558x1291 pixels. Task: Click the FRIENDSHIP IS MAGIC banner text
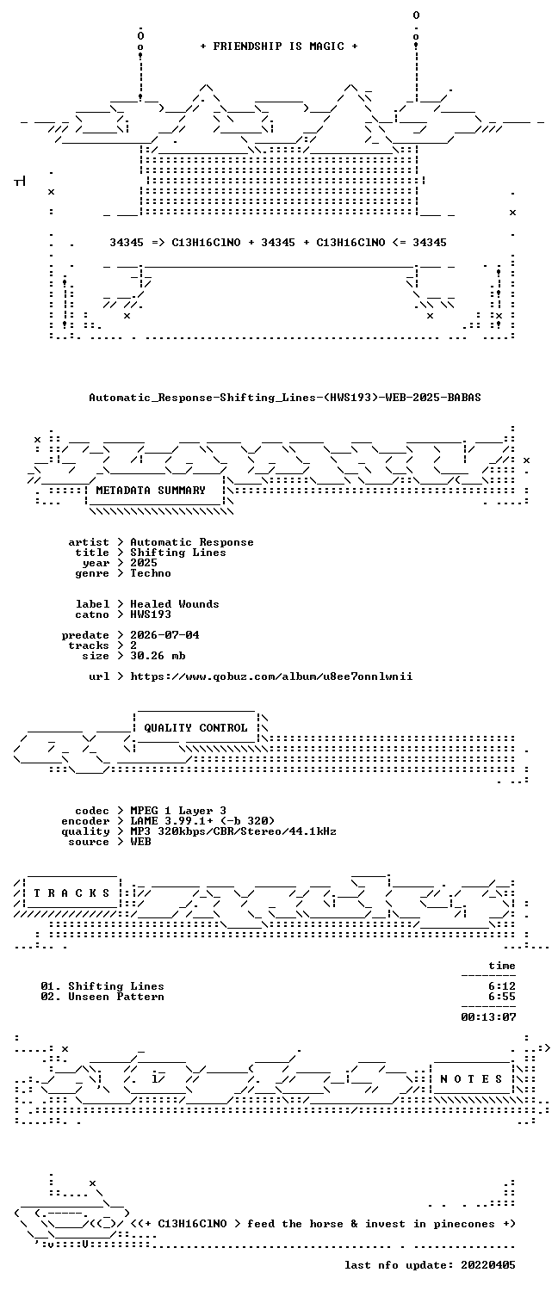coord(279,46)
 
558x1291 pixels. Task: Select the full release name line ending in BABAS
coord(285,397)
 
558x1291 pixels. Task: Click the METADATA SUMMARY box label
coord(151,491)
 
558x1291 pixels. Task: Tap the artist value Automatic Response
coord(192,542)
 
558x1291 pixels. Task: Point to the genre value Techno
coord(151,573)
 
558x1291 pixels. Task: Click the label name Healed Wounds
coord(175,604)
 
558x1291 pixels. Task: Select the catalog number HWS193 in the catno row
coord(151,615)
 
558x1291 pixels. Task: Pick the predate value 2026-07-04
coord(164,635)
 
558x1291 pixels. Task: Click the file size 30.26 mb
coord(158,656)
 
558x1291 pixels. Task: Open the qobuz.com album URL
coord(271,676)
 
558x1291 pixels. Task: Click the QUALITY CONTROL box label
coord(195,728)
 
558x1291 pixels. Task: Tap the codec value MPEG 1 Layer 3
coord(178,811)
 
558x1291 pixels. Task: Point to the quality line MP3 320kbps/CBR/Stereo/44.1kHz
coord(233,831)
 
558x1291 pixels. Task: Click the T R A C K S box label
coord(72,893)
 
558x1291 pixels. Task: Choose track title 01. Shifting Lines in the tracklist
coord(102,986)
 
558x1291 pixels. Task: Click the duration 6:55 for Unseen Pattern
coord(502,997)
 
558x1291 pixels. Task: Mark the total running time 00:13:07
coord(488,1018)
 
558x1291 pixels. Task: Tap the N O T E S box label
coord(471,1079)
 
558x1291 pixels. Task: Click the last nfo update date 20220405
coord(488,1266)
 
